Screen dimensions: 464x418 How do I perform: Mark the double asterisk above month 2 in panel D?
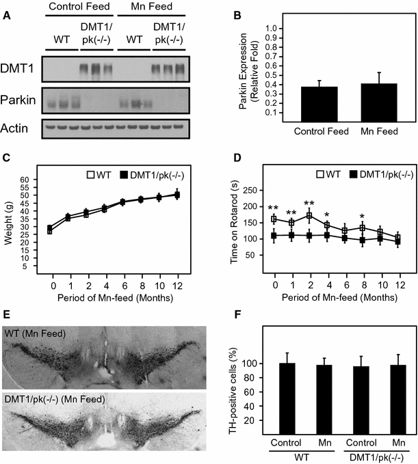(310, 204)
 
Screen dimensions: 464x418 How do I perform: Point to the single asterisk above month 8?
(363, 216)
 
